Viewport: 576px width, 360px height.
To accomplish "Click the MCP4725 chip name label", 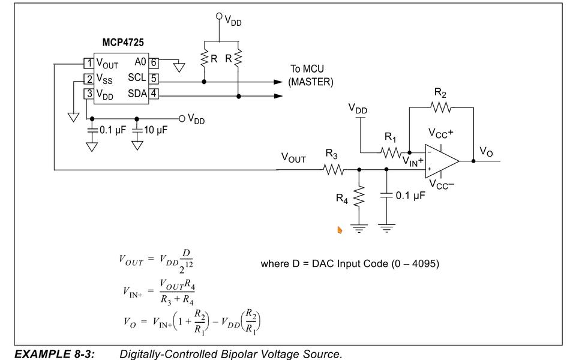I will tap(123, 44).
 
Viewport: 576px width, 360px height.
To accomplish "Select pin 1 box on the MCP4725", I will tap(88, 63).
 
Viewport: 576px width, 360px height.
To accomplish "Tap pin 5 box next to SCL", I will tap(154, 78).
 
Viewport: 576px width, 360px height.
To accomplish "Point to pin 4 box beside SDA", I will tap(154, 94).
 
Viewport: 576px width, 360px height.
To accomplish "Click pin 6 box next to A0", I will tap(154, 62).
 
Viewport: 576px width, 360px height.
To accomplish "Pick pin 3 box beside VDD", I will tap(88, 94).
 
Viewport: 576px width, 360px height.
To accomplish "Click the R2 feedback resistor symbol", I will tap(441, 107).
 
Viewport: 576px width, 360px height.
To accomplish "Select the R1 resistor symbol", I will tap(392, 152).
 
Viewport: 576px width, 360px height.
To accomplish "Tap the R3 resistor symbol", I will tap(334, 170).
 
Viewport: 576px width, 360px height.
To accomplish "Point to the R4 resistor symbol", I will tap(359, 195).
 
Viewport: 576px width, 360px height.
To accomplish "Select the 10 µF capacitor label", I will tap(155, 130).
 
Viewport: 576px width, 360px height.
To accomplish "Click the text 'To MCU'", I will tap(307, 69).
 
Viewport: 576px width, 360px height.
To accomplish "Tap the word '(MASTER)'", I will tap(311, 82).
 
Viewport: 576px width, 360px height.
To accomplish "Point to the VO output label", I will tap(486, 152).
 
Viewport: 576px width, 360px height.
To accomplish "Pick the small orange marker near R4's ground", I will tap(340, 230).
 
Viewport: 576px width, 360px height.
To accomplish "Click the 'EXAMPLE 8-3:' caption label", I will tap(55, 354).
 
